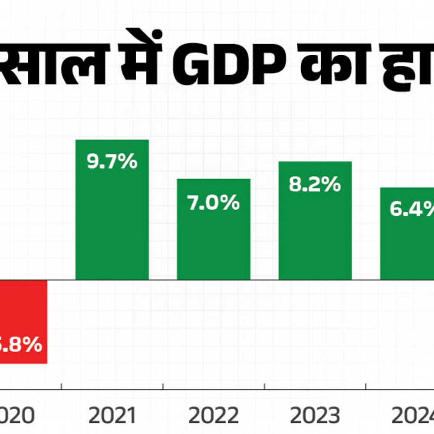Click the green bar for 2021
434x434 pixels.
pyautogui.click(x=112, y=217)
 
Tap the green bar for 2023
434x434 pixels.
pyautogui.click(x=315, y=226)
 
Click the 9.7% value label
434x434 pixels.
pyautogui.click(x=112, y=162)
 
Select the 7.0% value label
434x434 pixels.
pyautogui.click(x=214, y=202)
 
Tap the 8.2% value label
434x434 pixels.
pyautogui.click(x=315, y=184)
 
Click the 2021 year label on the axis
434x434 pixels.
pyautogui.click(x=112, y=416)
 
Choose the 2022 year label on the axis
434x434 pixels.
pyautogui.click(x=214, y=416)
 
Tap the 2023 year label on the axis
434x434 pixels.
pyautogui.click(x=315, y=416)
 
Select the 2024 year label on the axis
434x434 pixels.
pyautogui.click(x=412, y=416)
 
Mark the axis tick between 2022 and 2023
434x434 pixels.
pyautogui.click(x=264, y=386)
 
